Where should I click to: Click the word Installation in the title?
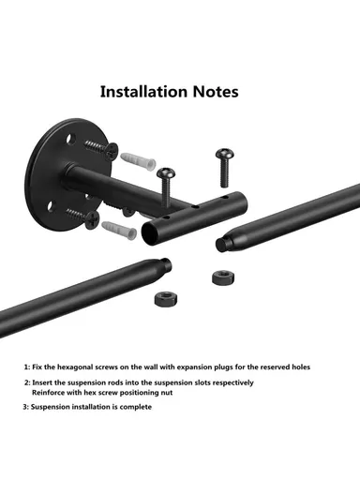point(143,92)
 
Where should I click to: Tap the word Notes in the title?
point(216,92)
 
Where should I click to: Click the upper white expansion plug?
point(138,160)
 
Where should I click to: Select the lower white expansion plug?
point(119,229)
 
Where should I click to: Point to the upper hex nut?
point(223,277)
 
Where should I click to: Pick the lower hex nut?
point(166,299)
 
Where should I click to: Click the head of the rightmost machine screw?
point(225,154)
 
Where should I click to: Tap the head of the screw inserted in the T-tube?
point(166,173)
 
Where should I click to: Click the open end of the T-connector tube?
point(150,232)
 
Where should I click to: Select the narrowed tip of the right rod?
point(221,244)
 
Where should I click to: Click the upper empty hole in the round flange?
point(70,139)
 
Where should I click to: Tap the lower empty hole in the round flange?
point(51,206)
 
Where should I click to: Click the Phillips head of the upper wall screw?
point(111,151)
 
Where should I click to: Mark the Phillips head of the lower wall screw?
point(92,219)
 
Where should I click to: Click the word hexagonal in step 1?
point(75,367)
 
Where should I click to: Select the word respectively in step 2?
point(233,382)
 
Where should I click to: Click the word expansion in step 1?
point(194,367)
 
